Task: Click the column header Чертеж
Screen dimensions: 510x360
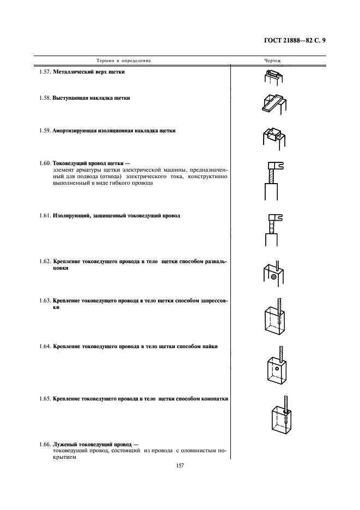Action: click(x=272, y=60)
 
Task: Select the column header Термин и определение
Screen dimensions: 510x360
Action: click(x=124, y=60)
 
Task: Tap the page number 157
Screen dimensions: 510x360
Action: click(x=180, y=466)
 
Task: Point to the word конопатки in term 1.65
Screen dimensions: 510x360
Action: click(x=214, y=399)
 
